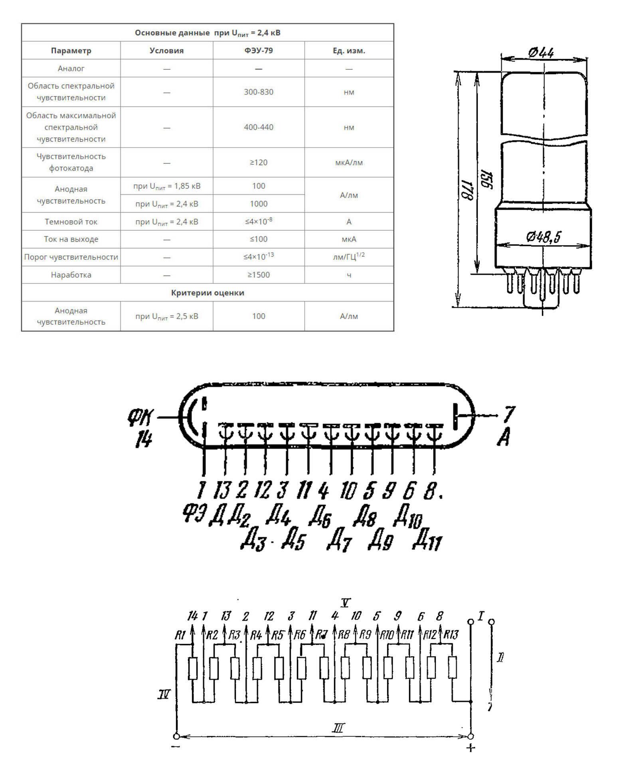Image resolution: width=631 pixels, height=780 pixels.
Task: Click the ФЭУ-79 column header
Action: click(259, 51)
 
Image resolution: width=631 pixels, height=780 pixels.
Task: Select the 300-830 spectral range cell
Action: click(259, 92)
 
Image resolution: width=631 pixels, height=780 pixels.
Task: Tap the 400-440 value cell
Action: click(259, 127)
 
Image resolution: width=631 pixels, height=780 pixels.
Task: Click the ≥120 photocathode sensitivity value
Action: click(259, 162)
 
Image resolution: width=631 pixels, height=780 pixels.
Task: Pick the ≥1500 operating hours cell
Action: click(259, 275)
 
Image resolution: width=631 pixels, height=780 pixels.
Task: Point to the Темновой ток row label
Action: click(71, 222)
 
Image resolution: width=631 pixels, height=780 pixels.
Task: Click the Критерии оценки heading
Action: click(208, 293)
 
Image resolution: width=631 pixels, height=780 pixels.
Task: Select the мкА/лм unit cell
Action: click(349, 162)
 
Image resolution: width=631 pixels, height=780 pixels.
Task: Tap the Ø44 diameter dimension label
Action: click(541, 52)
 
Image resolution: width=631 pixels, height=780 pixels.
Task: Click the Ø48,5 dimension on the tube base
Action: click(543, 237)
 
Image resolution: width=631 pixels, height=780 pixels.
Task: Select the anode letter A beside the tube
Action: click(504, 438)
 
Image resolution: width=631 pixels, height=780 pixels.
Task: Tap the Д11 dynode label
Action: click(427, 541)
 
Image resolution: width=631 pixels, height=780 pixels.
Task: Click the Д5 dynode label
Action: click(293, 540)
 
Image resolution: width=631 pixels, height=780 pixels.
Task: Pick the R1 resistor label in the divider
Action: click(180, 635)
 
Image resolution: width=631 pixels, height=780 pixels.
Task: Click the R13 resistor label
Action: click(451, 634)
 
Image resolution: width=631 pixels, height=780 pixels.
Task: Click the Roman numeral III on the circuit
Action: click(338, 728)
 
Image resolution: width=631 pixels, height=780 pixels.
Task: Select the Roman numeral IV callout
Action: click(164, 695)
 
